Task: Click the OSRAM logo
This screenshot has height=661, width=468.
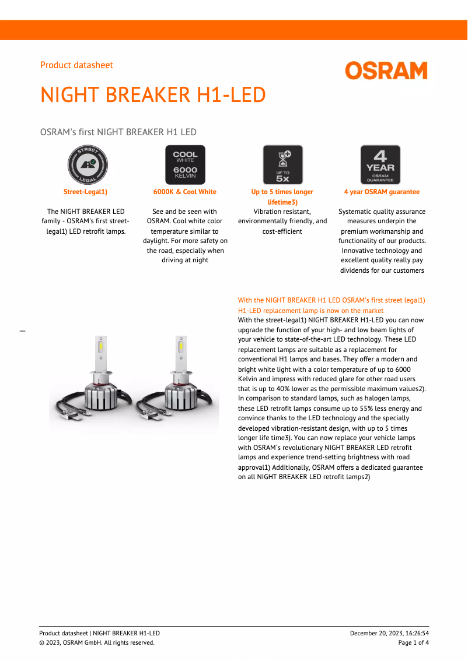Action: (x=386, y=71)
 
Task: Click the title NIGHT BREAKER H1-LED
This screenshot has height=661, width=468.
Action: (x=153, y=95)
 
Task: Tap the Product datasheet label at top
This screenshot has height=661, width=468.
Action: (x=76, y=65)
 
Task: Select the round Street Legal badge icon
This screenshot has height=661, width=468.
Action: (x=88, y=165)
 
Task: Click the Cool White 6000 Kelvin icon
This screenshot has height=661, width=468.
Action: (x=185, y=165)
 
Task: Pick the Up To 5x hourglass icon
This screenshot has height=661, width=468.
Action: (x=282, y=165)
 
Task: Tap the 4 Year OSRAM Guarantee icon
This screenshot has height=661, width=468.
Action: (x=380, y=165)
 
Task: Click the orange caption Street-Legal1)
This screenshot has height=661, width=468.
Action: (x=85, y=192)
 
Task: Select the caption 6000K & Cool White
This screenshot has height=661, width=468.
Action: (x=184, y=192)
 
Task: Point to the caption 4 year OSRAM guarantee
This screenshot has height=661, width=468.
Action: (x=382, y=192)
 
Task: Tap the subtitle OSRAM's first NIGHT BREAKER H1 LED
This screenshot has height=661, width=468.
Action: (x=118, y=132)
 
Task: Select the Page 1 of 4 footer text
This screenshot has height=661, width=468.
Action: (x=413, y=642)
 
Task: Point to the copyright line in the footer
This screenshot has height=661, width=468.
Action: (x=97, y=642)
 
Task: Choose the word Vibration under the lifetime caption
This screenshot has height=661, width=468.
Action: (x=268, y=212)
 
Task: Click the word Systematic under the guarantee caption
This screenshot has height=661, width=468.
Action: (x=357, y=212)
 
